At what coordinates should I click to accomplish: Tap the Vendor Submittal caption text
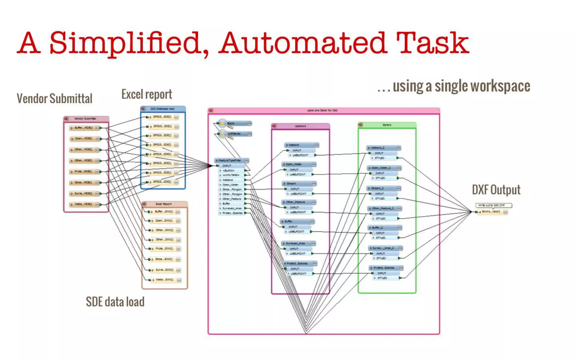[x=54, y=99]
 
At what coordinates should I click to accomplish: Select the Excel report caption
[x=147, y=94]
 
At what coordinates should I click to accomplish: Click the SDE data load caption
[x=115, y=302]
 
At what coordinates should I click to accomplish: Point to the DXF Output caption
[x=496, y=190]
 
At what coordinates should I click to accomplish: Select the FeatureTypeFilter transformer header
[x=231, y=160]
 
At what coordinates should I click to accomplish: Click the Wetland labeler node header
[x=301, y=145]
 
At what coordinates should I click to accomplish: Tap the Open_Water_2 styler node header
[x=384, y=168]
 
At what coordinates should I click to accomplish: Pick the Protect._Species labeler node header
[x=300, y=264]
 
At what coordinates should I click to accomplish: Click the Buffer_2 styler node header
[x=384, y=228]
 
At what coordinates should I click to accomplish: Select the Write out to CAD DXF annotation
[x=493, y=205]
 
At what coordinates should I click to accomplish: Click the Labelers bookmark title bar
[x=300, y=126]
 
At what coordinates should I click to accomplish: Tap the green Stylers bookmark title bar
[x=387, y=125]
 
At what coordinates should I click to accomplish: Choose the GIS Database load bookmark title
[x=163, y=109]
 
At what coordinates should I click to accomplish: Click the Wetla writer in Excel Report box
[x=164, y=280]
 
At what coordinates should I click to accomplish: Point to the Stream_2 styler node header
[x=384, y=188]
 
